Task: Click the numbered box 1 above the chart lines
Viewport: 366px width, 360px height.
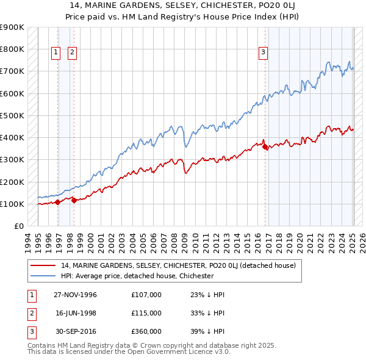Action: click(56, 52)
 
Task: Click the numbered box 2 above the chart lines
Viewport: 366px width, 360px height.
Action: click(72, 52)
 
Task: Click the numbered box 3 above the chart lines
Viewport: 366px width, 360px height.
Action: click(263, 52)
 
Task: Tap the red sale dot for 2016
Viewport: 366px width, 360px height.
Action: click(265, 146)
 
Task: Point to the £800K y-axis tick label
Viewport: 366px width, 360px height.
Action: click(12, 49)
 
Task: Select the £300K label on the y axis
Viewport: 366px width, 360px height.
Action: click(12, 160)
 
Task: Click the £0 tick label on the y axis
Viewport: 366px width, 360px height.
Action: click(20, 226)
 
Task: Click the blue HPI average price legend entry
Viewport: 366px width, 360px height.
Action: click(137, 276)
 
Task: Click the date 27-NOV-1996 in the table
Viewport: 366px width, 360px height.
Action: click(76, 295)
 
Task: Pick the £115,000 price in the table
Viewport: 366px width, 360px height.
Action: click(146, 312)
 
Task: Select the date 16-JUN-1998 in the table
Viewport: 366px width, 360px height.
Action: click(76, 312)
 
